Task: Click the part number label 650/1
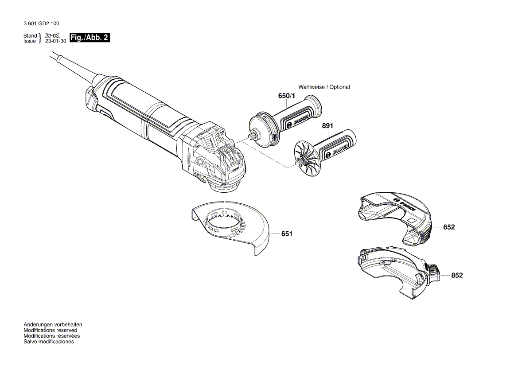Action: click(286, 96)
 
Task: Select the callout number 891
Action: click(327, 126)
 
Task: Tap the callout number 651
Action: click(287, 234)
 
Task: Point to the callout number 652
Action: click(449, 227)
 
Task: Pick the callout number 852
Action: click(457, 275)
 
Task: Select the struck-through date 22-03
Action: click(52, 35)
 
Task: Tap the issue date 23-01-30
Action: click(56, 41)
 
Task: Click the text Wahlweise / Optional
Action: click(324, 87)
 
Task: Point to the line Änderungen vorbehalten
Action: click(53, 325)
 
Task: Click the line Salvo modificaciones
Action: click(49, 342)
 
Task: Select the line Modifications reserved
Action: click(50, 331)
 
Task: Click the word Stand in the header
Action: click(30, 35)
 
